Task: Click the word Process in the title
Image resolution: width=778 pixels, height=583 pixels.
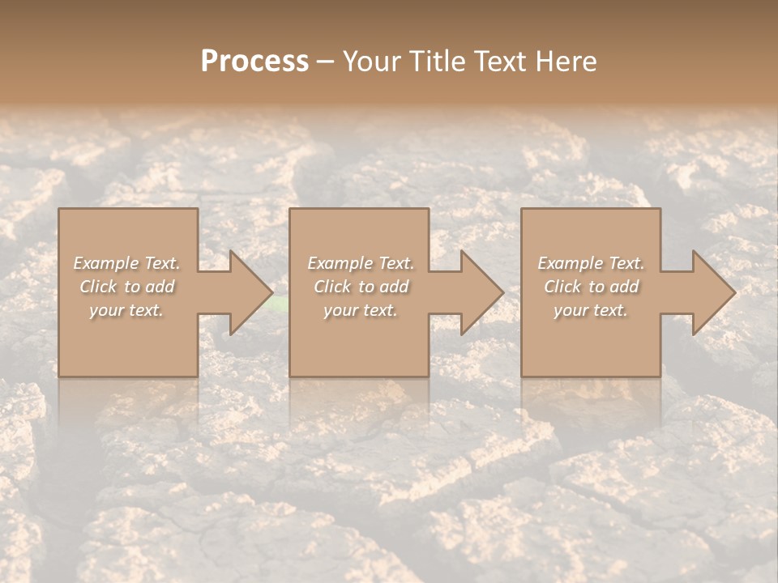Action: click(x=254, y=62)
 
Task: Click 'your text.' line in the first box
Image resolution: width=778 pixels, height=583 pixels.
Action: click(x=126, y=310)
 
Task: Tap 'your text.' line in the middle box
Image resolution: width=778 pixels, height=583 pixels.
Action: click(x=360, y=310)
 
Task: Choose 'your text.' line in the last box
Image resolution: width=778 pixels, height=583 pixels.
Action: click(x=590, y=310)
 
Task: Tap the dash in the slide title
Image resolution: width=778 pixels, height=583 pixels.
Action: click(x=325, y=62)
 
